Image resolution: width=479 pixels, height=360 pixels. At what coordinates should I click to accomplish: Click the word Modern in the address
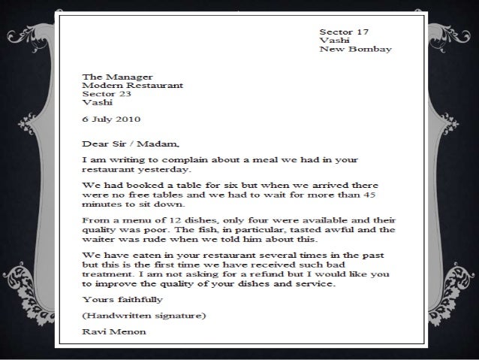click(99, 86)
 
